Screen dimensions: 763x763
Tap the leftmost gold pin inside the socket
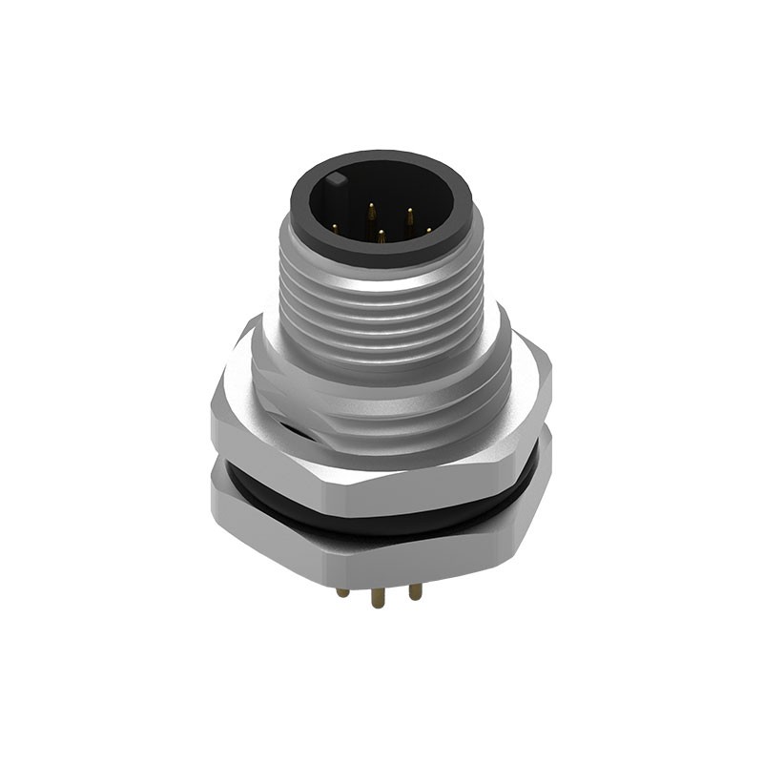click(x=335, y=227)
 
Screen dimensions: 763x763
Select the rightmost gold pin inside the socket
click(x=428, y=229)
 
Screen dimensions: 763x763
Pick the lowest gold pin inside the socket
click(x=381, y=235)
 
